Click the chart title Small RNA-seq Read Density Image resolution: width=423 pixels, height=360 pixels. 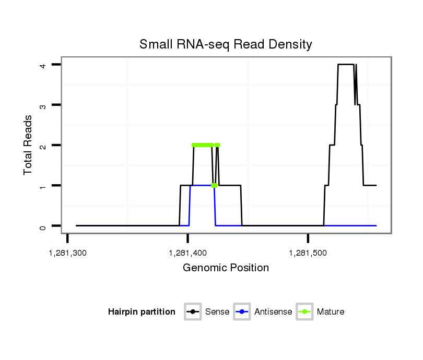click(226, 44)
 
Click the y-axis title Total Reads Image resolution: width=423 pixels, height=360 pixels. click(28, 145)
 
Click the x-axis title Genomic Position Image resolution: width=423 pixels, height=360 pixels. click(226, 268)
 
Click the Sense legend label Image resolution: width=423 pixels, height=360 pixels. click(217, 312)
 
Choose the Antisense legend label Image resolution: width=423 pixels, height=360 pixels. click(273, 312)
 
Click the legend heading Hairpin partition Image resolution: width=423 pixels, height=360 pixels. click(142, 312)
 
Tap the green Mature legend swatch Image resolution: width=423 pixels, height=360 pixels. click(304, 312)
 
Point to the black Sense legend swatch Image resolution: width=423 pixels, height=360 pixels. click(193, 312)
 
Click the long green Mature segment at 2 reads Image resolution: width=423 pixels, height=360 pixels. click(203, 145)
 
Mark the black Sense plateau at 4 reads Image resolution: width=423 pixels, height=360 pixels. click(346, 65)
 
